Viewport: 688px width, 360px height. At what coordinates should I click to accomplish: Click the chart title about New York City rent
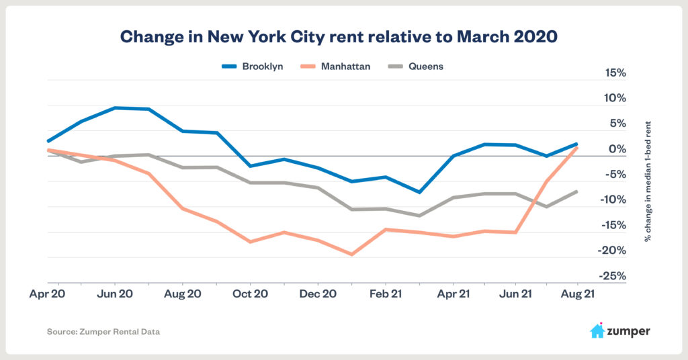click(339, 38)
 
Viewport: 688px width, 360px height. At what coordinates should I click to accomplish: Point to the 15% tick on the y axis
click(613, 73)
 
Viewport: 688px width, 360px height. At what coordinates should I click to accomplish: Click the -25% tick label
click(612, 276)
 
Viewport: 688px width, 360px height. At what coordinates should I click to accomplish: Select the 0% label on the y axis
click(617, 148)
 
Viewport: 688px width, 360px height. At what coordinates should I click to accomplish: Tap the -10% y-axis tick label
click(612, 199)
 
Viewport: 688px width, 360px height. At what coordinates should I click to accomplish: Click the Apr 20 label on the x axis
click(47, 294)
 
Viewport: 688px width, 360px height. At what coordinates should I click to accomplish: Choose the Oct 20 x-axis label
click(250, 294)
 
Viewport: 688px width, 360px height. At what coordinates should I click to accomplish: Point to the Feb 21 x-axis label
click(386, 294)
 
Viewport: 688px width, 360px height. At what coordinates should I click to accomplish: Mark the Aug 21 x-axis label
click(576, 294)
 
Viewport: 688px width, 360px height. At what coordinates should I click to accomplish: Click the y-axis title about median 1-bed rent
click(648, 181)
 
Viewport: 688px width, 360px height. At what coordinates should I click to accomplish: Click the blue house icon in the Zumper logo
click(597, 330)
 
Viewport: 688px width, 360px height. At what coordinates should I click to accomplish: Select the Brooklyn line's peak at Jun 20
click(115, 107)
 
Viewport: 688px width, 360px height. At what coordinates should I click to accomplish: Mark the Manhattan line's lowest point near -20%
click(351, 255)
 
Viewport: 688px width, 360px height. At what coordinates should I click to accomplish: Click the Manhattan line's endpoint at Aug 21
click(576, 148)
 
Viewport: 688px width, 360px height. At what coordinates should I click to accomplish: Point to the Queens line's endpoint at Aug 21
click(576, 192)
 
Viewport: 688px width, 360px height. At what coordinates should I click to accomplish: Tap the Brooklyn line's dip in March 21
click(419, 192)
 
